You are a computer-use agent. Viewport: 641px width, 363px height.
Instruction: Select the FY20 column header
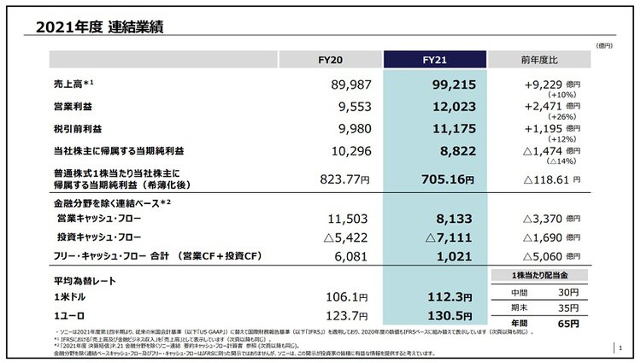click(331, 59)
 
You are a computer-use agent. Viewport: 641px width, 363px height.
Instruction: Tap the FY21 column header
click(436, 59)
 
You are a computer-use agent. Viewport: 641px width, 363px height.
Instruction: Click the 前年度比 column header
click(538, 59)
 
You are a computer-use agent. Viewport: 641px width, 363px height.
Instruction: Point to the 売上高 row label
click(74, 85)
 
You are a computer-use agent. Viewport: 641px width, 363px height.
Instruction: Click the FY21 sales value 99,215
click(444, 85)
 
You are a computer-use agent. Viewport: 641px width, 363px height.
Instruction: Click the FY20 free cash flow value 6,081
click(354, 255)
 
